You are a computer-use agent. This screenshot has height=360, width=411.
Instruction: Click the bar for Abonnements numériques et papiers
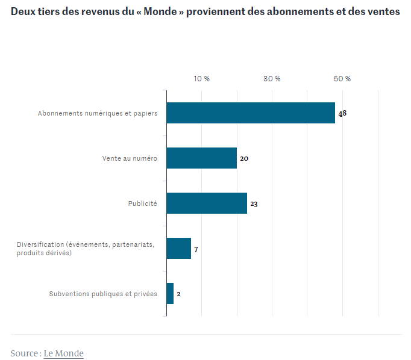coord(250,113)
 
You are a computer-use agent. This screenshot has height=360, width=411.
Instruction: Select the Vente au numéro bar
coord(201,158)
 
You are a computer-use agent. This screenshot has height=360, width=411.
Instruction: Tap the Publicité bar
coord(206,203)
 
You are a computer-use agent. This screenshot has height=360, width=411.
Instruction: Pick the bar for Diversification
coord(178,248)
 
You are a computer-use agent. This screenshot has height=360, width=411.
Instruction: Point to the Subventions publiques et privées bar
coord(170,293)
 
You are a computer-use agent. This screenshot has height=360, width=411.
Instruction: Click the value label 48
coord(342,113)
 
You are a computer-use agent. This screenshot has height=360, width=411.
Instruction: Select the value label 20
coord(244,158)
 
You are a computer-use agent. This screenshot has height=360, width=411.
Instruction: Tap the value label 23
coord(254,204)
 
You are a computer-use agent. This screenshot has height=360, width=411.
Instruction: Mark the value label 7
coord(196,249)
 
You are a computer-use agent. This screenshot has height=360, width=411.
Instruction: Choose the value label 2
coord(178,294)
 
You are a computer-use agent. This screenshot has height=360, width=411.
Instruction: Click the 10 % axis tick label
coord(201,79)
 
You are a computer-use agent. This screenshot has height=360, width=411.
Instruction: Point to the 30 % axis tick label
coord(272,79)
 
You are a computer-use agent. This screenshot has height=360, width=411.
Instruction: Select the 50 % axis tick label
coord(342,79)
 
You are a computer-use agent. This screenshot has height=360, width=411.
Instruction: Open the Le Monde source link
coord(63,353)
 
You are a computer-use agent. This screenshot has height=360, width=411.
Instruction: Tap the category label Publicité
coord(142,203)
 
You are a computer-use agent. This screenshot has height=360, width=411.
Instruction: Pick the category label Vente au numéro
coord(130,158)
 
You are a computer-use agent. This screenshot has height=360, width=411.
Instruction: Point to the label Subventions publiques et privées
coord(102,294)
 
